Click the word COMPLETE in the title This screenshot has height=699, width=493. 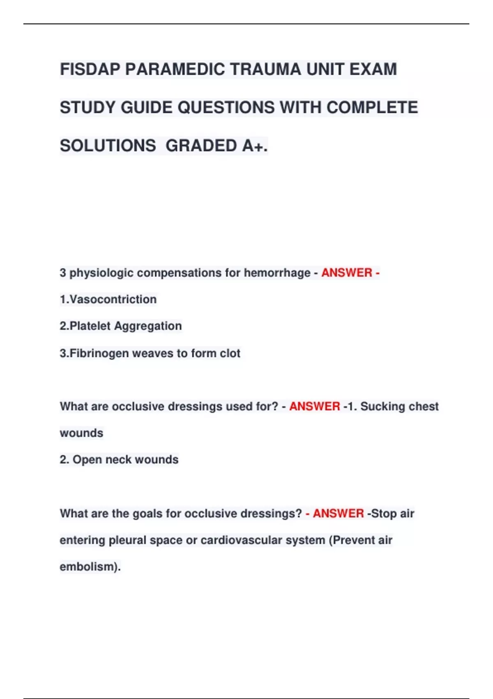coord(372,108)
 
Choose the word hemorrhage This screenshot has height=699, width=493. coord(277,273)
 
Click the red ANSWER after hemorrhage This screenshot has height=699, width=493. coord(347,273)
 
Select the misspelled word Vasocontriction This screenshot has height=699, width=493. coord(113,300)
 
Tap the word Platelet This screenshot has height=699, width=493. coord(90,326)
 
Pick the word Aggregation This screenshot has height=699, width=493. coord(148,326)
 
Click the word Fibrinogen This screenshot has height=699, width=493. coord(99,353)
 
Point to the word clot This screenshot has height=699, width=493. coord(230,353)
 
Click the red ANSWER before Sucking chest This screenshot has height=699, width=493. coord(315,407)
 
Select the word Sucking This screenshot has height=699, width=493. coord(383,407)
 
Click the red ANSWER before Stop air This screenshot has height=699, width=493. coord(338,514)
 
